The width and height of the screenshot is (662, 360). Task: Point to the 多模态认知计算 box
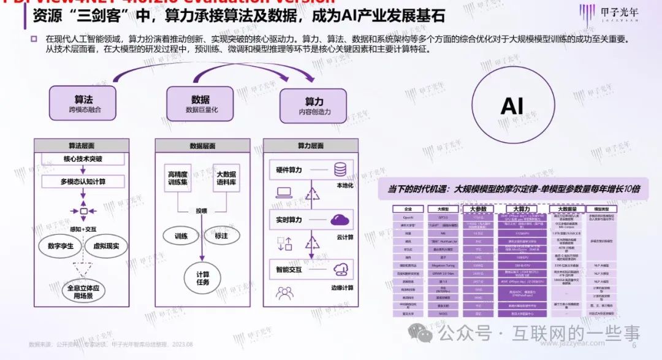(x=83, y=182)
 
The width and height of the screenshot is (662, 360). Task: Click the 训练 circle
(x=181, y=236)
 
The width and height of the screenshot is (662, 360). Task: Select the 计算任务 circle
(x=202, y=277)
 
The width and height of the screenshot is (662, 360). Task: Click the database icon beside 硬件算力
(x=340, y=170)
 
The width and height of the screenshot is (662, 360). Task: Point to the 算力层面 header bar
(x=311, y=146)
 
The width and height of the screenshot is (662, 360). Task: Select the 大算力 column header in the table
(x=520, y=209)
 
